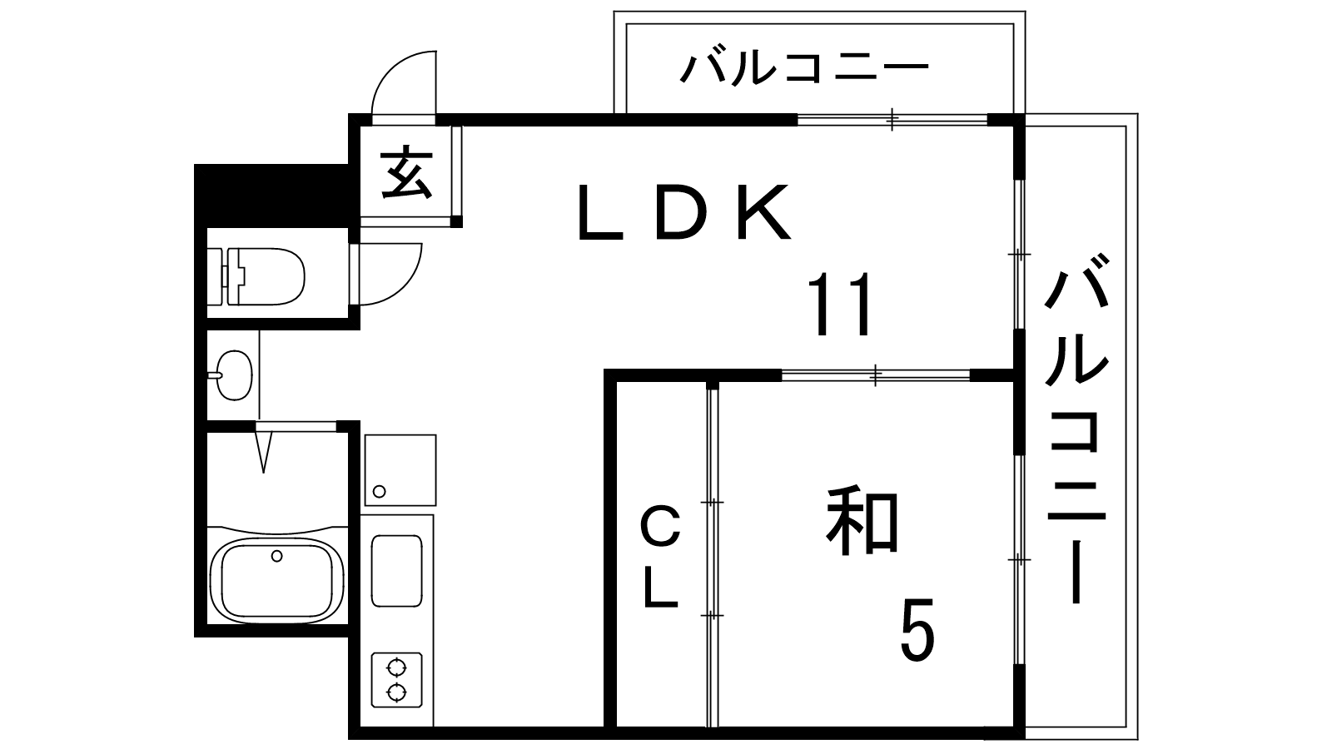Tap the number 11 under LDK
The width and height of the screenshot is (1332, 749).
(x=841, y=305)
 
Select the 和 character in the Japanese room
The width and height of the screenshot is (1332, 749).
(x=862, y=520)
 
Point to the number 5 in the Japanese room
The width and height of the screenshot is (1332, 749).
(x=917, y=629)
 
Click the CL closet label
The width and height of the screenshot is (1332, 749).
(x=661, y=557)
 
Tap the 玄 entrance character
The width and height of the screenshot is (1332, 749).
(x=406, y=171)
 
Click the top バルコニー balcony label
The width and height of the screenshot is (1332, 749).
(x=804, y=69)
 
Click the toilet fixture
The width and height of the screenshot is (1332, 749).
(x=256, y=275)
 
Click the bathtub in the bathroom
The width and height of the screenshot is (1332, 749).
(x=276, y=579)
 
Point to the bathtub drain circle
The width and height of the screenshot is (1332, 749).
(x=276, y=557)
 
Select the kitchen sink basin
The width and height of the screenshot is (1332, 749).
(x=396, y=571)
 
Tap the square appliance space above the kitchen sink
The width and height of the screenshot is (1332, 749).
(x=400, y=470)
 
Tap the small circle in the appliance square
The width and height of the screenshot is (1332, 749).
(x=380, y=491)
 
